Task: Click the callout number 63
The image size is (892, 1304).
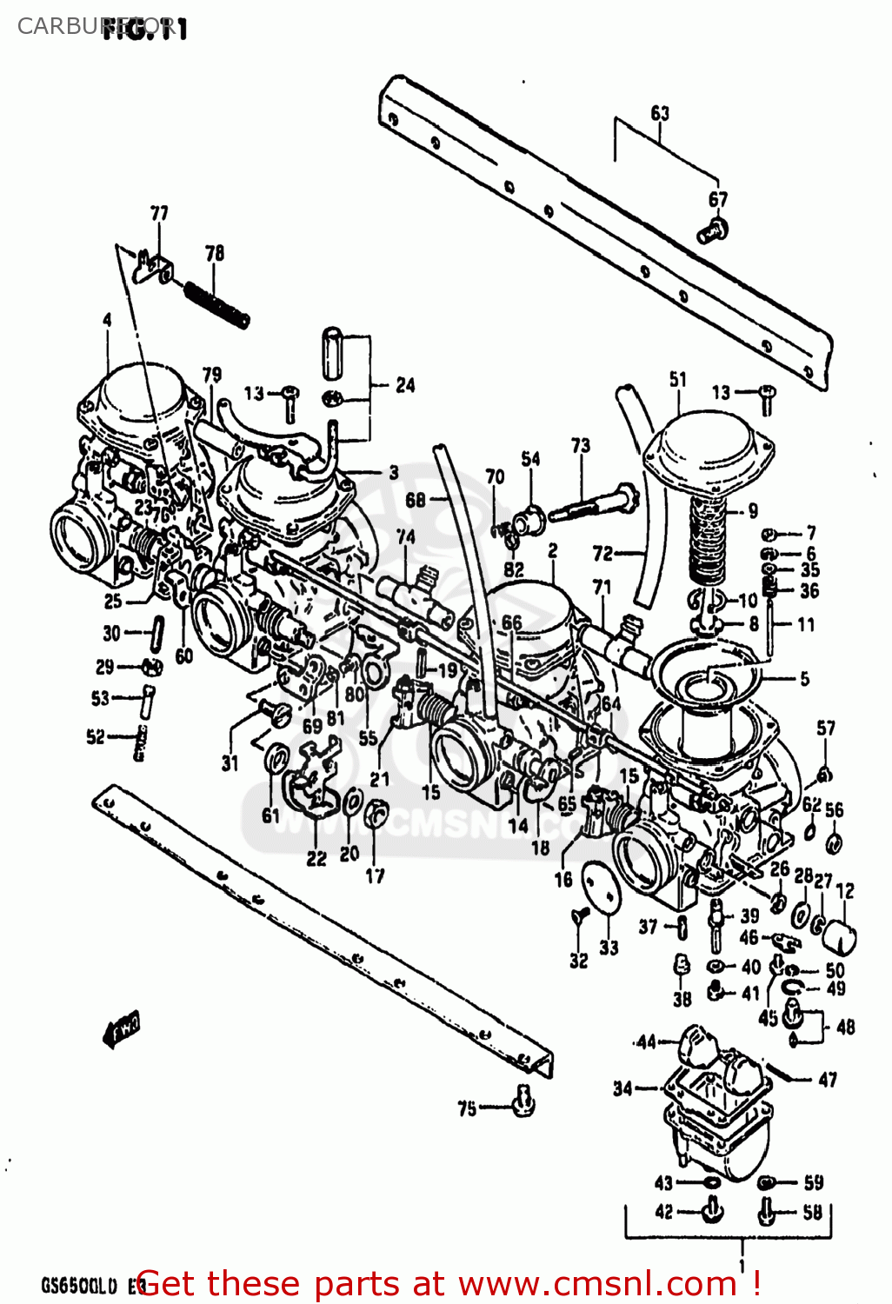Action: [x=660, y=113]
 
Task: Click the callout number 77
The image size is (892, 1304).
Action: [x=159, y=213]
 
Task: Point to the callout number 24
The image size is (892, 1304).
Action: [x=405, y=384]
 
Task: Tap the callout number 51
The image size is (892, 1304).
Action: [x=678, y=379]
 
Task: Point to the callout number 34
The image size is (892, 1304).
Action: [x=622, y=1088]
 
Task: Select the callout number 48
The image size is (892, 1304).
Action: [x=845, y=1027]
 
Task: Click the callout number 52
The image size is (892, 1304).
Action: [x=96, y=737]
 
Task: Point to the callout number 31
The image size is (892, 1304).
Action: [x=230, y=763]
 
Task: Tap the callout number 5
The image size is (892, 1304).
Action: [x=804, y=678]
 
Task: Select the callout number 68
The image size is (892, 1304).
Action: [x=416, y=499]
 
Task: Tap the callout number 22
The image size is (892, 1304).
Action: [x=316, y=858]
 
